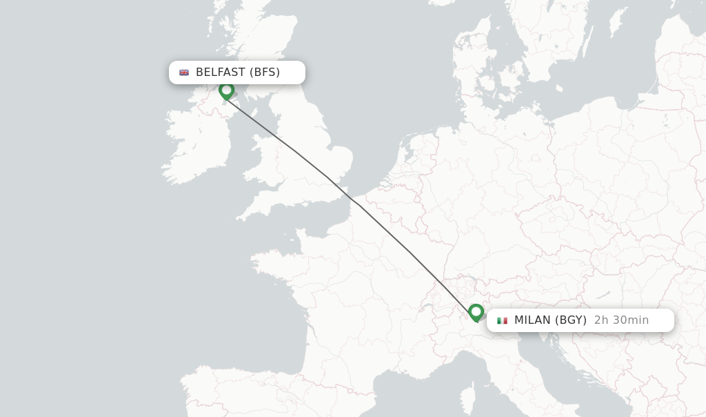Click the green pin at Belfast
(x=226, y=90)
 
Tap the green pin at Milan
(x=476, y=312)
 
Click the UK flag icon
(x=184, y=72)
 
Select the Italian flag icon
(x=502, y=320)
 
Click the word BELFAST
(x=220, y=72)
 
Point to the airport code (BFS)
(x=265, y=72)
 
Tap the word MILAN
(x=532, y=320)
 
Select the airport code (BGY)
(x=571, y=320)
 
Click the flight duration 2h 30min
(x=621, y=320)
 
